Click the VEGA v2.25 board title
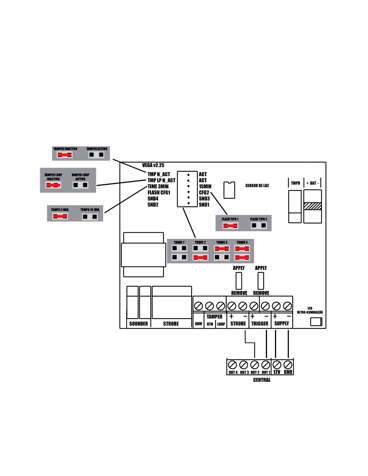coord(153,165)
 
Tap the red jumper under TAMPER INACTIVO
coord(65,155)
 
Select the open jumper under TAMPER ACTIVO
coord(96,155)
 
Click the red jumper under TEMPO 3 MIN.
coord(60,217)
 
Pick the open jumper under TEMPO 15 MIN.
coord(90,217)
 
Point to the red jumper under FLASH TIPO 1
coord(230,226)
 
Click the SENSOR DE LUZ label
coord(257,185)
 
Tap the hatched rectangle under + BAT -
coord(312,206)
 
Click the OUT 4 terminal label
coord(233,372)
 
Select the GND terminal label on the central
coord(288,372)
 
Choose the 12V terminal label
coord(277,372)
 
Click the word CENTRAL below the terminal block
coord(262,380)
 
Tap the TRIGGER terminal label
coord(260,324)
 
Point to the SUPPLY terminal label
coord(281,323)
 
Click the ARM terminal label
coord(198,324)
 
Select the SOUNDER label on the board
coord(139,324)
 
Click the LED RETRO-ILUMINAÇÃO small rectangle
coord(316,322)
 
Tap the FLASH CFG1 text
coord(159,192)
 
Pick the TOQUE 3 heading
coord(221,242)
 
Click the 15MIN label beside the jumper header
coord(205,186)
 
